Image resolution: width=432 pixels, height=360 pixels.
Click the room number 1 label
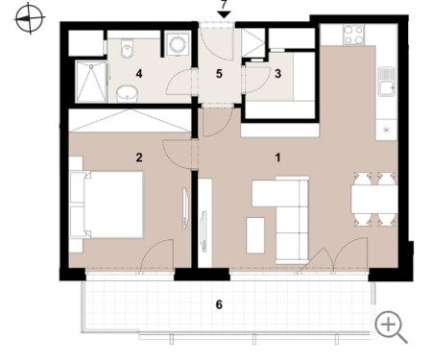click(x=278, y=157)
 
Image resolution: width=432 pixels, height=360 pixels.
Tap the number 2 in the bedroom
click(x=139, y=157)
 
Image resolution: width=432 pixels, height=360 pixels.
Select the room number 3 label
click(x=278, y=74)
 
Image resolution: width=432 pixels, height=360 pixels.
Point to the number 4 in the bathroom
click(x=139, y=74)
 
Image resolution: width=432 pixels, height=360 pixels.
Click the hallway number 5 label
click(x=219, y=74)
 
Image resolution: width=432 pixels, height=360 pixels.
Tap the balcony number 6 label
click(x=219, y=304)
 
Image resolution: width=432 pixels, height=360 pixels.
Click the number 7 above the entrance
click(x=224, y=5)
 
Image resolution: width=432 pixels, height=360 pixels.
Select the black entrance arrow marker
click(x=224, y=14)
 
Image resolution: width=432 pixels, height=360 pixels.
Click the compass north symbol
click(x=30, y=18)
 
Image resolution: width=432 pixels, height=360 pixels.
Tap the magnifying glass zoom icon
click(x=391, y=327)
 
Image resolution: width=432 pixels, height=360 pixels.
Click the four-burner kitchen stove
click(x=353, y=35)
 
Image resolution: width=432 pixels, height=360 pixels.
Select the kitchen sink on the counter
click(x=387, y=82)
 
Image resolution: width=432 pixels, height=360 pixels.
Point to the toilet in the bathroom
click(x=128, y=49)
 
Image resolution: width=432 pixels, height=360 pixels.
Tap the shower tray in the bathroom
click(x=91, y=82)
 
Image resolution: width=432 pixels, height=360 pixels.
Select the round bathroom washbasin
click(x=127, y=93)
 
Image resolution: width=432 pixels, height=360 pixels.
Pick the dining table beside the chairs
click(x=374, y=200)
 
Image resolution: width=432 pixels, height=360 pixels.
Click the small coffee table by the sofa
click(x=255, y=235)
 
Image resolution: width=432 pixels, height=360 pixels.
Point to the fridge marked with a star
click(x=387, y=130)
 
